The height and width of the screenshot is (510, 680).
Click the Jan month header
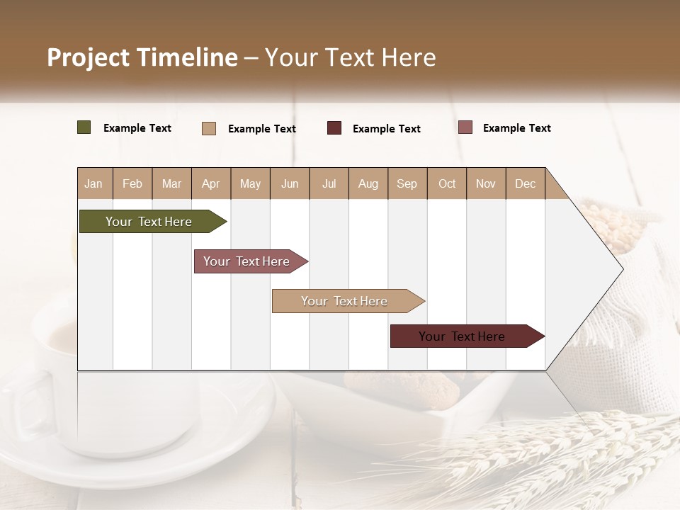click(93, 183)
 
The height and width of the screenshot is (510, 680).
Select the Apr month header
click(210, 183)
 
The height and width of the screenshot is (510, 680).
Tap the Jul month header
click(329, 183)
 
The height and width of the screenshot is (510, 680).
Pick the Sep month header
click(407, 183)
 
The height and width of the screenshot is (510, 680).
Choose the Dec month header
click(525, 183)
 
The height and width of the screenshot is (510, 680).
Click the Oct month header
click(447, 183)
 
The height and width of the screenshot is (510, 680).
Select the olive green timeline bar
click(149, 222)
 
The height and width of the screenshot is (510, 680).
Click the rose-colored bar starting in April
click(246, 261)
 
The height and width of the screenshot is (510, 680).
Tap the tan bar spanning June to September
click(344, 301)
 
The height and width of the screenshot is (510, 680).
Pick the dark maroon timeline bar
click(462, 336)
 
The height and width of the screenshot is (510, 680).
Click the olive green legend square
click(84, 127)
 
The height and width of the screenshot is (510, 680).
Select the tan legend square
click(208, 128)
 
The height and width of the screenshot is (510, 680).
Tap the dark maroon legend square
click(334, 128)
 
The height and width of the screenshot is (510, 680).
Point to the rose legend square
click(465, 127)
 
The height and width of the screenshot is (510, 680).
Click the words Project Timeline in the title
click(142, 57)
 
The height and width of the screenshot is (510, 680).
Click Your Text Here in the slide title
click(350, 57)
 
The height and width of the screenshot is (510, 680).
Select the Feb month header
click(132, 183)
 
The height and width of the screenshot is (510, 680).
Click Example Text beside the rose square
click(516, 128)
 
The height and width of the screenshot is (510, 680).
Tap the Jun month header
click(290, 183)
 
